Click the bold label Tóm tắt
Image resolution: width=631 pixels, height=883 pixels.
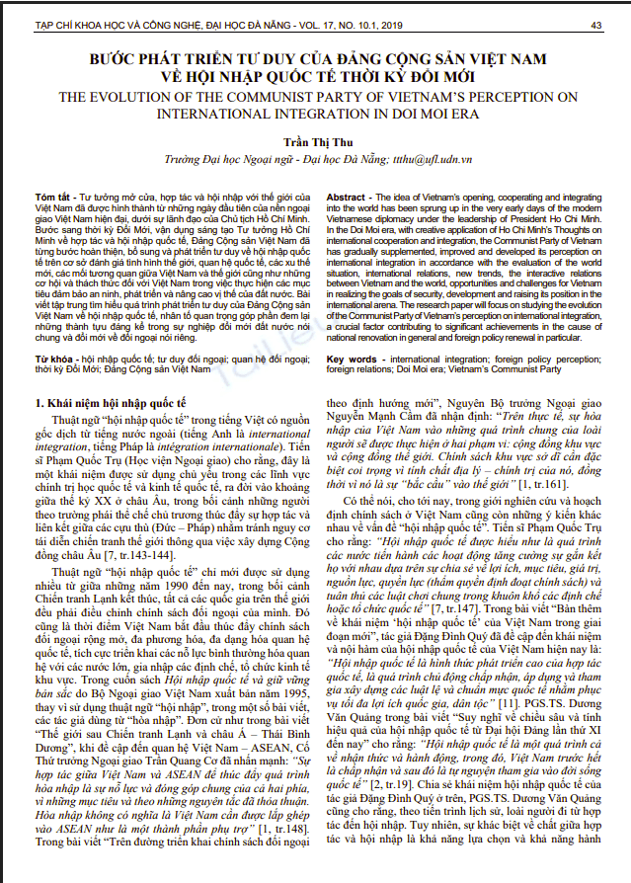(51, 197)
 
